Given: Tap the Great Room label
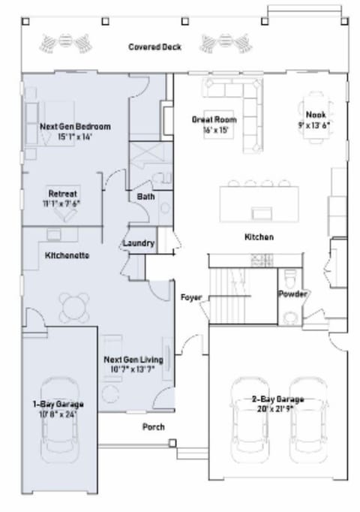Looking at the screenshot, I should pos(214,119).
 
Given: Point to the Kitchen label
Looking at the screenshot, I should pos(259,237).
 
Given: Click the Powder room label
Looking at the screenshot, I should pos(292,294).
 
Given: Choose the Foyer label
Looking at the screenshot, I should pos(192,297).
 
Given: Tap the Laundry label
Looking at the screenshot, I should pos(139,243).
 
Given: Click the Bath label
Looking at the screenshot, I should pos(145,197).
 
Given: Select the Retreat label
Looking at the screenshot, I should pos(63,193).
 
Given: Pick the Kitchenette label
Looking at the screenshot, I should pos(67,255).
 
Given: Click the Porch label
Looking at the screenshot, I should pos(154,427).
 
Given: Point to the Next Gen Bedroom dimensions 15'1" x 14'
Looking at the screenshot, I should pos(74,137).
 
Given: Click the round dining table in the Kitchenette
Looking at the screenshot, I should pos(73,306).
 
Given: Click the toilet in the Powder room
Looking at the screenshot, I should pos(289,275).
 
